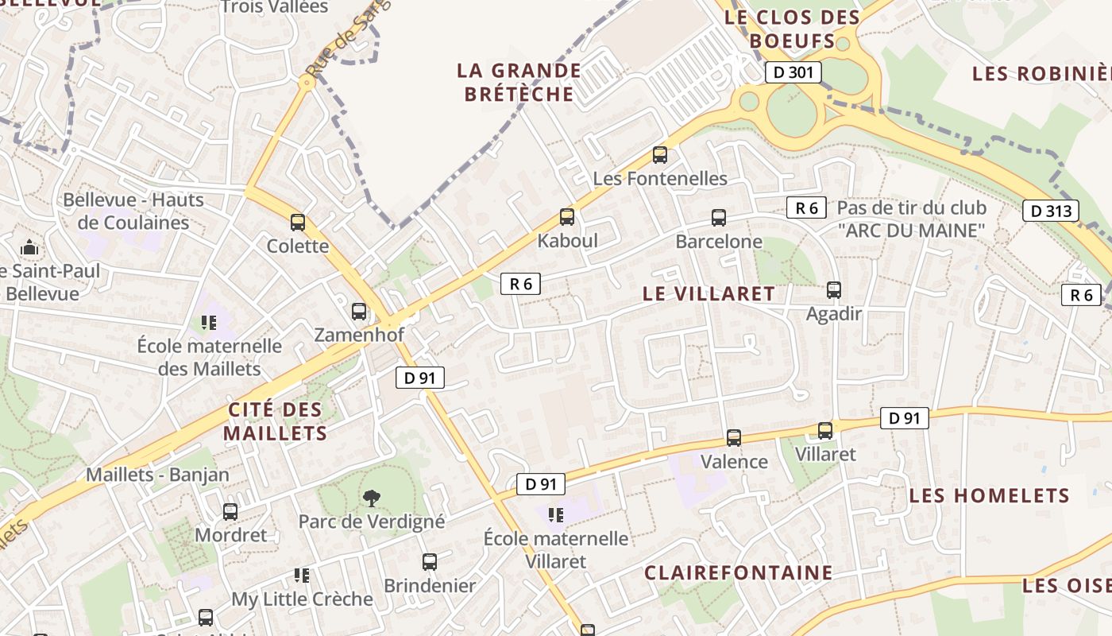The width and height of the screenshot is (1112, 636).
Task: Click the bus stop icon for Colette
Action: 298,223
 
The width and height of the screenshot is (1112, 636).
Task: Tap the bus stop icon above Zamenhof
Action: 359,312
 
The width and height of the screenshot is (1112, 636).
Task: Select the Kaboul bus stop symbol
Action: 567,217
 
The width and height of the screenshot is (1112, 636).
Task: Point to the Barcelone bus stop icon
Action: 719,218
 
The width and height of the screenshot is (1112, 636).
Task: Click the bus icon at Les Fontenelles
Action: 660,155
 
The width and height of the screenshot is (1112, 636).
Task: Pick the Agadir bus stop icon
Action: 834,290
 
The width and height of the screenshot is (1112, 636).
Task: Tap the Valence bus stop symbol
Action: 734,438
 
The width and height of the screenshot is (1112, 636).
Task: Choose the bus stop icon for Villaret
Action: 826,431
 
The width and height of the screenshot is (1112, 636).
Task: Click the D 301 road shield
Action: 793,72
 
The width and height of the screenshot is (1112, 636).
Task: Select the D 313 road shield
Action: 1050,211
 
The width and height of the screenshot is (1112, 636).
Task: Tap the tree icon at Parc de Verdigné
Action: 371,498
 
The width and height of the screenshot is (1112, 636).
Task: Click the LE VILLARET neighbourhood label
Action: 709,293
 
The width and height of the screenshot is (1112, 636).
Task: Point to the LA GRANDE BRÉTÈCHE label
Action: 519,83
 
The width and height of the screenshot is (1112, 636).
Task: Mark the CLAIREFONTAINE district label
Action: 739,573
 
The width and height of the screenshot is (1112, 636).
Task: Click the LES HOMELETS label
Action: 989,496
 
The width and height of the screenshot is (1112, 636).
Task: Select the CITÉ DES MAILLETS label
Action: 275,422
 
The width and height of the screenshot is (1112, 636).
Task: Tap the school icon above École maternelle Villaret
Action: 555,515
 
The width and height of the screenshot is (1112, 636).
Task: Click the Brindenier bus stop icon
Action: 430,562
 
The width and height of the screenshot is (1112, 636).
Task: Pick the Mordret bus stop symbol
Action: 230,512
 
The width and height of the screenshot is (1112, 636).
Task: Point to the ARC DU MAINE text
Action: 911,231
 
